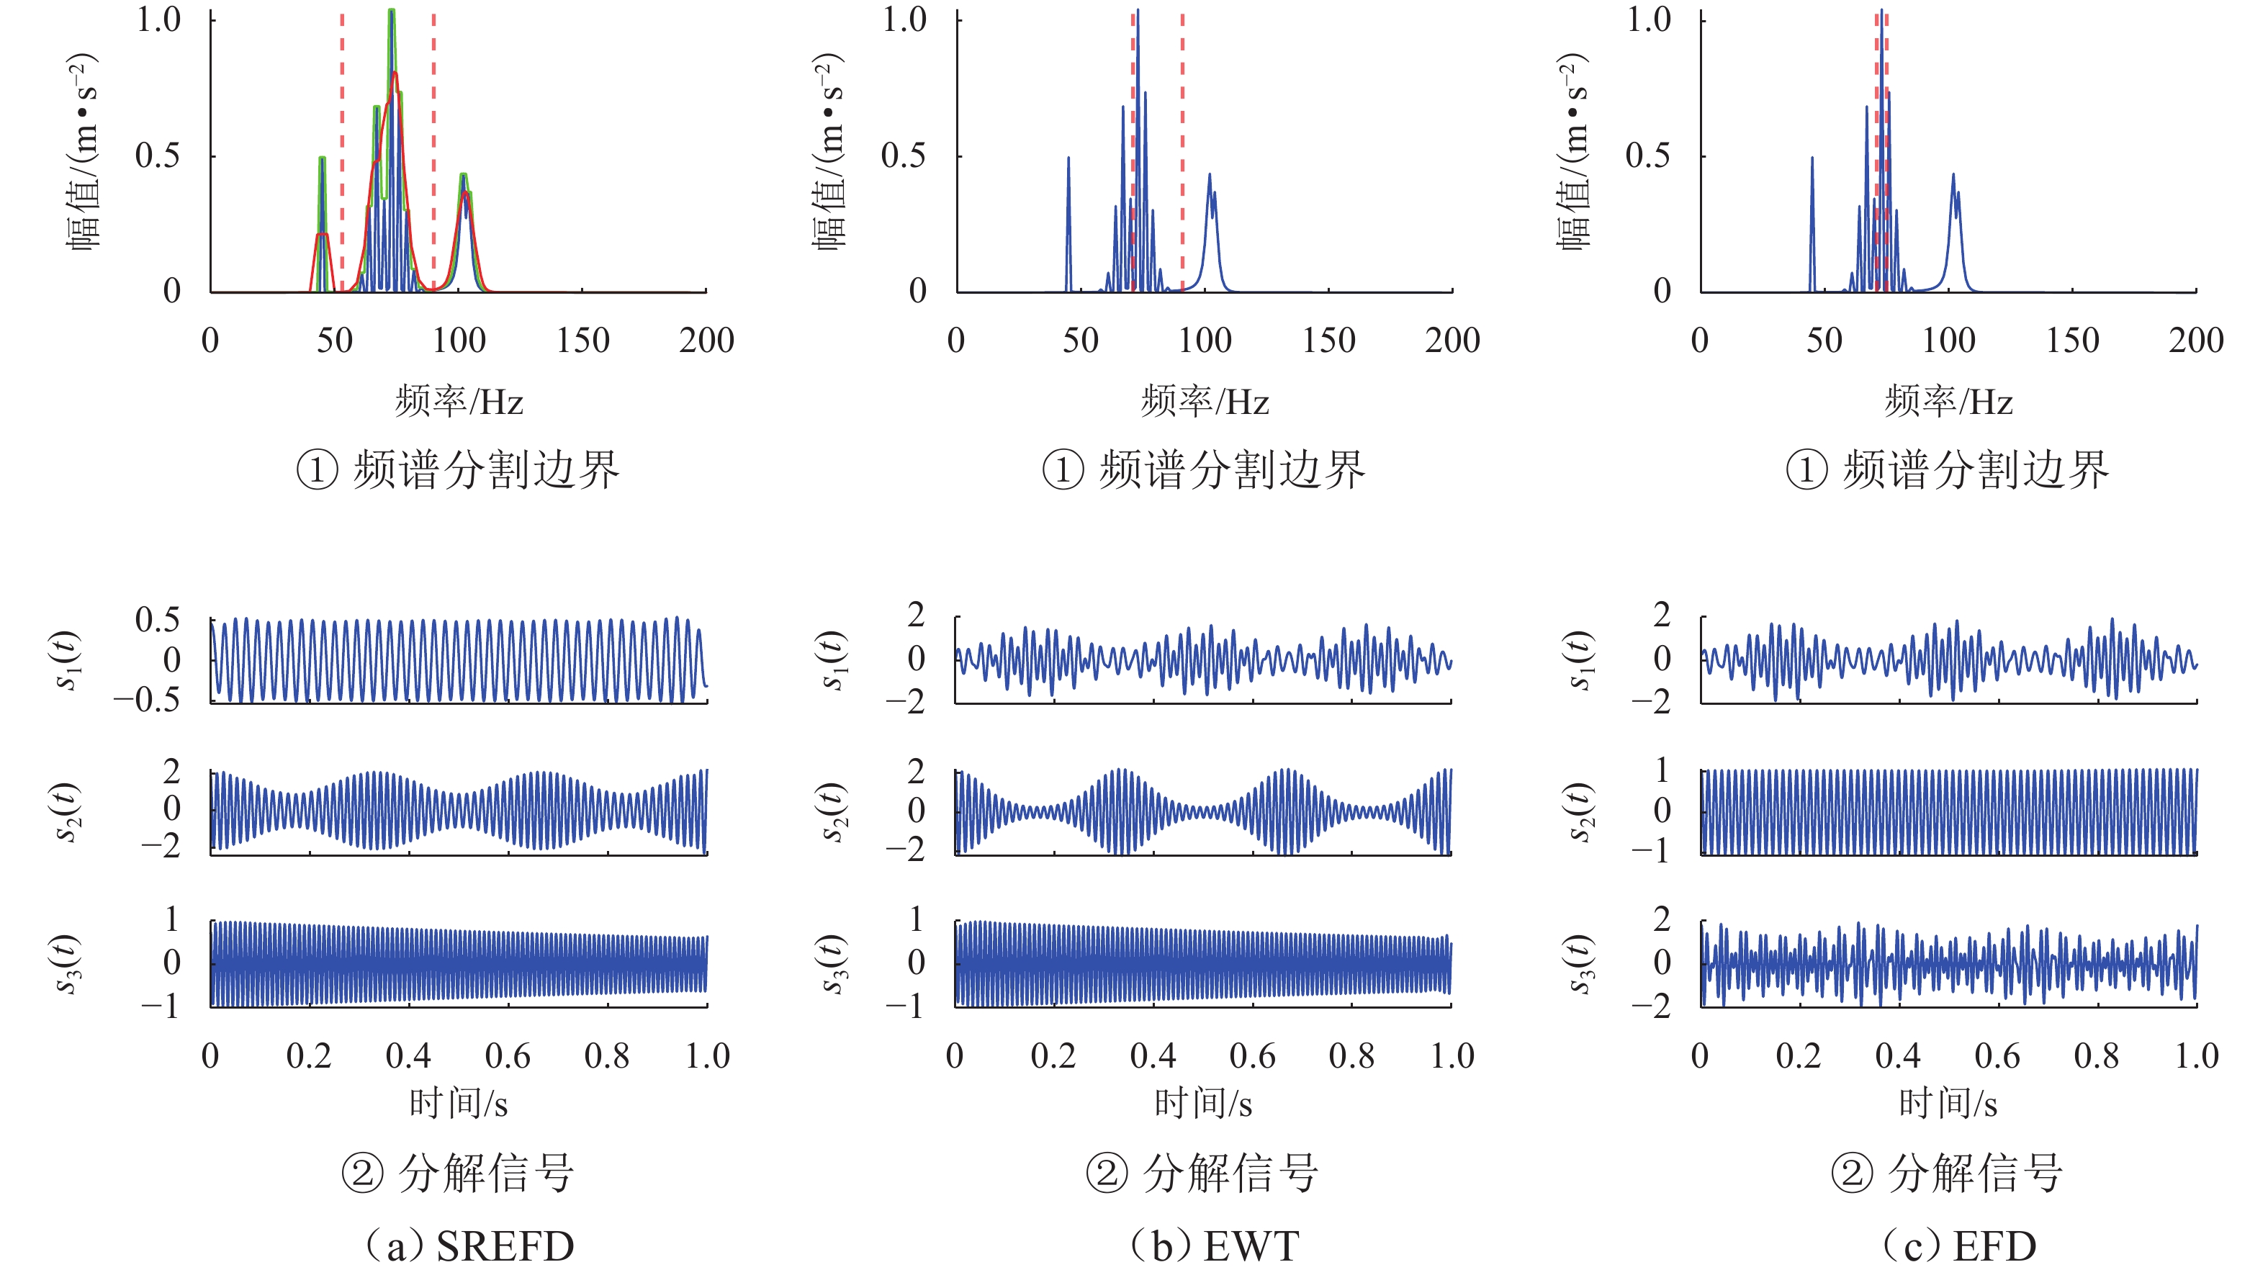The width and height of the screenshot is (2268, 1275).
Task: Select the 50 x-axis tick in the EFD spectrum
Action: click(x=1823, y=340)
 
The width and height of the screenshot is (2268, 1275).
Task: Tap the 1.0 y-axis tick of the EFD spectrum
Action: click(x=1649, y=19)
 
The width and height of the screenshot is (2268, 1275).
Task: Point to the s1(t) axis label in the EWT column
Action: click(x=833, y=659)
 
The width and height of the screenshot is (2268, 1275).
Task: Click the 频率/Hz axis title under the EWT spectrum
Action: click(x=1205, y=402)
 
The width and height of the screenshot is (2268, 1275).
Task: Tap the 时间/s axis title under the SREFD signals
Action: click(x=459, y=1102)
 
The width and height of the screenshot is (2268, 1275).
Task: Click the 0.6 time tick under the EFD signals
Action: click(x=1997, y=1055)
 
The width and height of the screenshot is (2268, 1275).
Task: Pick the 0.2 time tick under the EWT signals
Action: click(x=1054, y=1055)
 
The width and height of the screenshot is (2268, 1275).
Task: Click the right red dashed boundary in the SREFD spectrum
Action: click(x=433, y=150)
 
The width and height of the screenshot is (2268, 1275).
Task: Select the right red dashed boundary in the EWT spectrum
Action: click(x=1182, y=150)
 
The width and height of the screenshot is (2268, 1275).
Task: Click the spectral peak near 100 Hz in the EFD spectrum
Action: click(x=1953, y=176)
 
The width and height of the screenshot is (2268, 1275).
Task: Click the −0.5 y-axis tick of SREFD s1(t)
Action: click(x=146, y=700)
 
